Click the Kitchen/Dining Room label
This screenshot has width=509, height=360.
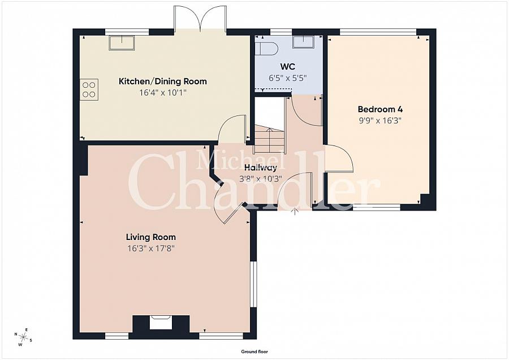[163, 82]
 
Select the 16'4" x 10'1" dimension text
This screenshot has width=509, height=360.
[163, 93]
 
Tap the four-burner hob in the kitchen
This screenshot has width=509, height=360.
[89, 89]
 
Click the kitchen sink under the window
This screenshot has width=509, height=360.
[122, 43]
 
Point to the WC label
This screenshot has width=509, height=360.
[288, 67]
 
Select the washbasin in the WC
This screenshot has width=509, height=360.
[304, 42]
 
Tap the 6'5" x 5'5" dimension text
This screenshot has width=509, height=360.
[288, 78]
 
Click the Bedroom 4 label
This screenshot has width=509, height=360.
[380, 109]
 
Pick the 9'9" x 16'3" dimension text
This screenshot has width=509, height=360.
[380, 121]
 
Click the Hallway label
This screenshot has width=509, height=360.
[261, 168]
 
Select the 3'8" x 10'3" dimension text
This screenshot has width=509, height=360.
[261, 179]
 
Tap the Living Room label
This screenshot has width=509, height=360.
[151, 237]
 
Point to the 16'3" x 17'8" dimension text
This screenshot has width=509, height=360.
[151, 249]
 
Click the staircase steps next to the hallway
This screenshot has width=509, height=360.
[269, 140]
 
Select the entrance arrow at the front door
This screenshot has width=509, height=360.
[295, 212]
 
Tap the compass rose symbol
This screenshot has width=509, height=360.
[23, 337]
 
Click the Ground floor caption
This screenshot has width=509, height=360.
[255, 352]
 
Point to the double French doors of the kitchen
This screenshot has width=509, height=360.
[200, 19]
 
